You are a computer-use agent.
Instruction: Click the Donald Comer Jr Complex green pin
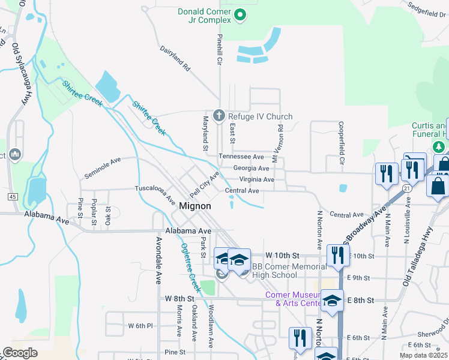240,14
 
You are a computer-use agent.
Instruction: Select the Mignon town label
195,206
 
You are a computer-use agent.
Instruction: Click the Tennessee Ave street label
241,157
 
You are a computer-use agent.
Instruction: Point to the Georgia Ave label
251,169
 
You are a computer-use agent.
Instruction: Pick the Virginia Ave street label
256,179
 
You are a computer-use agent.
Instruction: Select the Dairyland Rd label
175,59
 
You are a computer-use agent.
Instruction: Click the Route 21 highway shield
407,188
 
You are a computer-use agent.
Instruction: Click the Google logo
20,353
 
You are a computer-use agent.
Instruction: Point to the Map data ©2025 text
423,355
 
